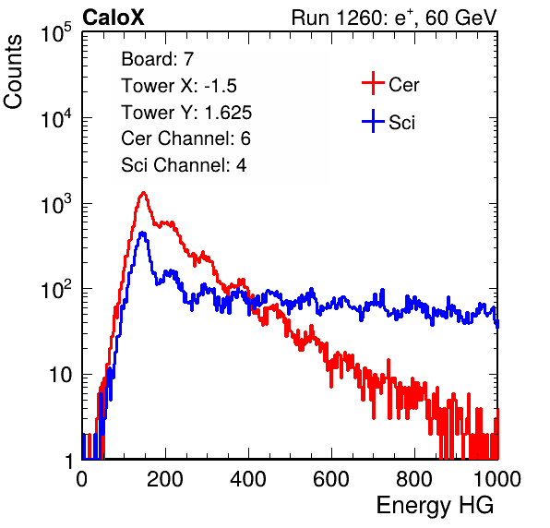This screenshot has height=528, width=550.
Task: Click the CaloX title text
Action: (113, 18)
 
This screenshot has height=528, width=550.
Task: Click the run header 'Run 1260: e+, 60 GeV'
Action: (394, 18)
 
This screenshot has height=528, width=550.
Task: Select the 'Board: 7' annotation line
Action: (158, 58)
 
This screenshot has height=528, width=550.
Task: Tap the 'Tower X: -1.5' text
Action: (179, 86)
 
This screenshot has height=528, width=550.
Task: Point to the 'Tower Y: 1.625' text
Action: (186, 113)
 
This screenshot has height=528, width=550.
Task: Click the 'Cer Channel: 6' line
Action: (185, 138)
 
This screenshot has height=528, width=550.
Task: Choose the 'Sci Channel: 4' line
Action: (184, 164)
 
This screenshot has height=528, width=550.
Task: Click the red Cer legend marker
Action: (373, 83)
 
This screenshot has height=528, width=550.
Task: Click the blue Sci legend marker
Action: (373, 121)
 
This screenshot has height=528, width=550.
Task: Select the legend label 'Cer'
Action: (403, 85)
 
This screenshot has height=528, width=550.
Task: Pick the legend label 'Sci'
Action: (401, 123)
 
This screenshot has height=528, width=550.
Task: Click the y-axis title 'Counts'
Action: (13, 72)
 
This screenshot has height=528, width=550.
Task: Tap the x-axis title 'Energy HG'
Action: (435, 505)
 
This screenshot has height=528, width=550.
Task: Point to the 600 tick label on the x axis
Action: (331, 479)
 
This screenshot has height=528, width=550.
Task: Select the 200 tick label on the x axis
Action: (165, 479)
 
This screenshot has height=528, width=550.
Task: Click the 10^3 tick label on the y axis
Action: (56, 203)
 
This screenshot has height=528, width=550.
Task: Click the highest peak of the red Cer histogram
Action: (143, 193)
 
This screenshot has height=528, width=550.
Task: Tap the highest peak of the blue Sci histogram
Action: (142, 233)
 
